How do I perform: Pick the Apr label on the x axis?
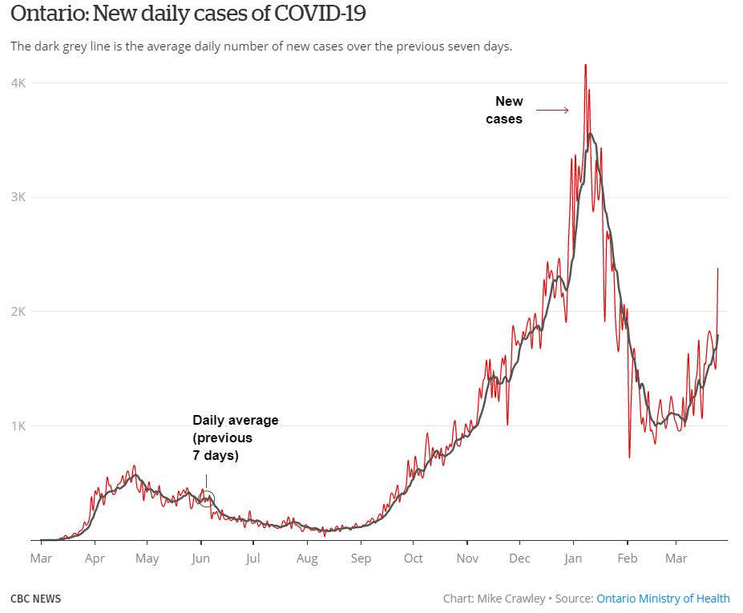pyautogui.click(x=95, y=558)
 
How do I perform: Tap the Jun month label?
pyautogui.click(x=200, y=558)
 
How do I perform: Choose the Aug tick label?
pyautogui.click(x=307, y=558)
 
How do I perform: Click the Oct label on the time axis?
pyautogui.click(x=414, y=558)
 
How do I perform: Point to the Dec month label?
pyautogui.click(x=519, y=558)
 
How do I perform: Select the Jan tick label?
pyautogui.click(x=572, y=558)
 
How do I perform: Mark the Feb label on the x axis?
pyautogui.click(x=628, y=558)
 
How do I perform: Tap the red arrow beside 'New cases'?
pyautogui.click(x=552, y=111)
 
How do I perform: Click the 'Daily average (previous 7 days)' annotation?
pyautogui.click(x=235, y=438)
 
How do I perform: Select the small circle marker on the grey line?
pyautogui.click(x=206, y=499)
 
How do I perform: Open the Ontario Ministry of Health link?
pyautogui.click(x=663, y=599)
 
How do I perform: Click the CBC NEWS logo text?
pyautogui.click(x=35, y=599)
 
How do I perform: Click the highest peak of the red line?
pyautogui.click(x=585, y=66)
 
